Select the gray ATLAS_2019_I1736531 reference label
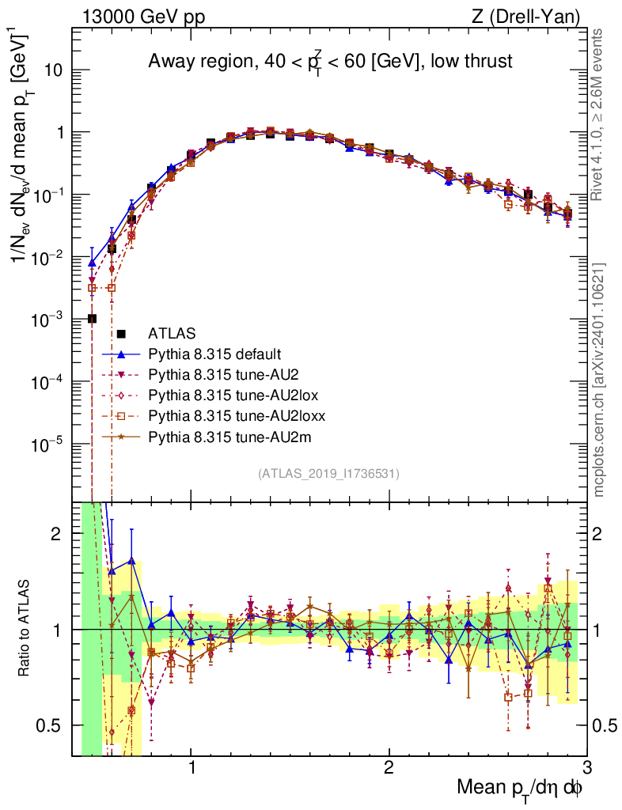pyautogui.click(x=328, y=474)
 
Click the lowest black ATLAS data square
pyautogui.click(x=92, y=318)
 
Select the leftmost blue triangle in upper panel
pyautogui.click(x=92, y=262)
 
